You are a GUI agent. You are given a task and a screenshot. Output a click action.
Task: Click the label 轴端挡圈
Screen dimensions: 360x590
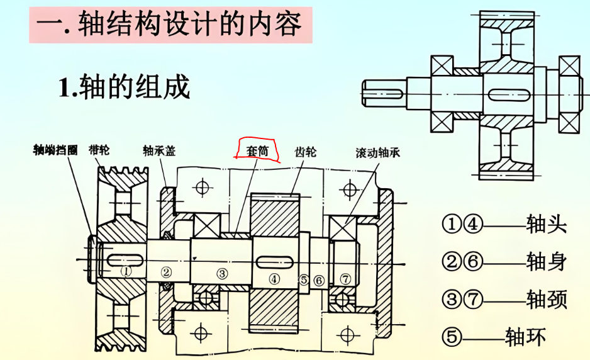tap(55, 150)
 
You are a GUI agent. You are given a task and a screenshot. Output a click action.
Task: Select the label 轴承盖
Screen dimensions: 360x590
tap(159, 151)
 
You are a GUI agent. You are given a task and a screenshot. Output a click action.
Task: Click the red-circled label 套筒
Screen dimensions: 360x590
tap(257, 150)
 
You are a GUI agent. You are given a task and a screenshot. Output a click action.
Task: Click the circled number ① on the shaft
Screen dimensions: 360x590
tap(126, 271)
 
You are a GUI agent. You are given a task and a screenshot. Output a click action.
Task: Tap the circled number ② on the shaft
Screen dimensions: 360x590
tap(165, 272)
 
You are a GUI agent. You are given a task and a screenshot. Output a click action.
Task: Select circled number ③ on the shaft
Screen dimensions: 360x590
tap(221, 273)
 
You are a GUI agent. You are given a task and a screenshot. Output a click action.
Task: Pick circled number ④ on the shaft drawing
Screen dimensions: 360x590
tap(274, 278)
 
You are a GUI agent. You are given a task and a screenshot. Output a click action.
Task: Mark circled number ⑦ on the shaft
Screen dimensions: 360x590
tap(345, 278)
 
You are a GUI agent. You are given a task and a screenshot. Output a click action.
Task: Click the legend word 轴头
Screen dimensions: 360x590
tap(546, 224)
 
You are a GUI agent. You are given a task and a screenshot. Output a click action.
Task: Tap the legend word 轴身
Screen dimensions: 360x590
tap(546, 261)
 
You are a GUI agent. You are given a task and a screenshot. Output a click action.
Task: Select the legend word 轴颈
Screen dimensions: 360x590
tap(546, 299)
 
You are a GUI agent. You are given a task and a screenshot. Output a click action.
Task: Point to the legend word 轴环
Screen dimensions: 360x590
tap(525, 337)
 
